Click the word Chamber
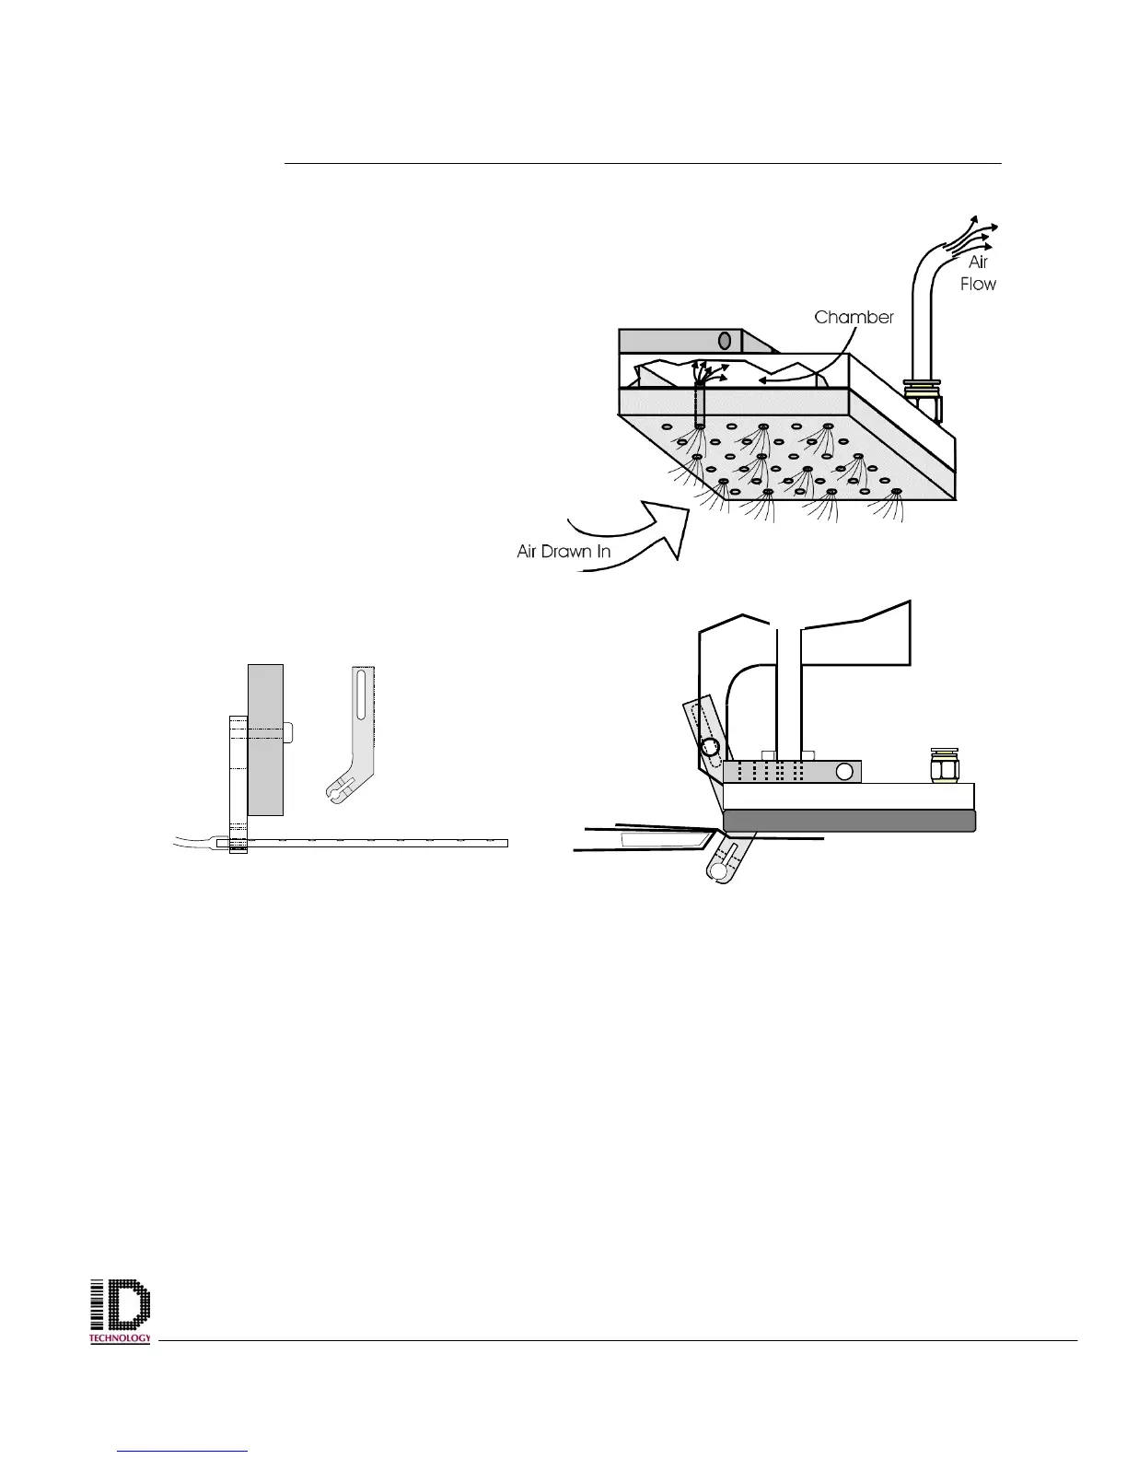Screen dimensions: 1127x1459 pos(854,318)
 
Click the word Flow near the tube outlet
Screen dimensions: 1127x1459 pos(978,284)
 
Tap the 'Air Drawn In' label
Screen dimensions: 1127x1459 pos(563,552)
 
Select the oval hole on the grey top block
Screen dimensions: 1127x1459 pos(725,341)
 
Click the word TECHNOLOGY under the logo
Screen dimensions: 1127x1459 pos(120,1337)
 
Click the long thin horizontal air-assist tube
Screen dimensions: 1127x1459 pos(368,842)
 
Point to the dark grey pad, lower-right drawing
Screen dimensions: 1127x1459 pos(849,821)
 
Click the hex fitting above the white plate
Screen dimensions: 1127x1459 pos(943,765)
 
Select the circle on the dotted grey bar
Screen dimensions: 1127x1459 pos(843,771)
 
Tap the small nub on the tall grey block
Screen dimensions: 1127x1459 pos(288,732)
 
